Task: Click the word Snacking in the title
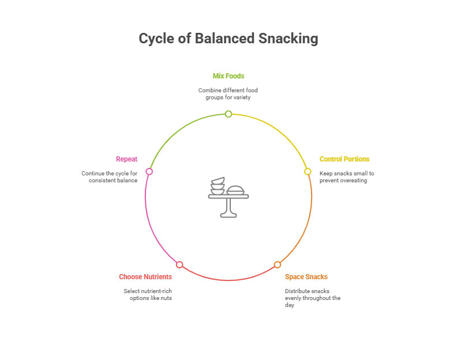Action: coord(288,39)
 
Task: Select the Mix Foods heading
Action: coord(228,76)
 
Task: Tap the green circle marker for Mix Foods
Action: coord(228,114)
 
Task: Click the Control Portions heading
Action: coord(344,159)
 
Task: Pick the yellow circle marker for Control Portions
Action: coord(308,171)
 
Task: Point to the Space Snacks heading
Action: coord(306,277)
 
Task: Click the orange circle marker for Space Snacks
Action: coord(278,265)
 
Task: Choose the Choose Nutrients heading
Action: coord(145,277)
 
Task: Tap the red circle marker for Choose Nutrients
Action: coord(179,265)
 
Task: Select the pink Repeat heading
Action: coord(127,159)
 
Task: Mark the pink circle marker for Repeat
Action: coord(149,171)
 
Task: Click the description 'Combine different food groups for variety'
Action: coord(228,94)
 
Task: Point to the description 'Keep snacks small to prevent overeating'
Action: coord(347,177)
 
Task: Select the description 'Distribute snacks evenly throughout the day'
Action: coord(312,298)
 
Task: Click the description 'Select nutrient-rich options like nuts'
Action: coord(148,295)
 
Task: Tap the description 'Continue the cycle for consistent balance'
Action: coord(110,177)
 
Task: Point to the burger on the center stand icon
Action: coord(235,190)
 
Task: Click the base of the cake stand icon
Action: coord(228,215)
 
